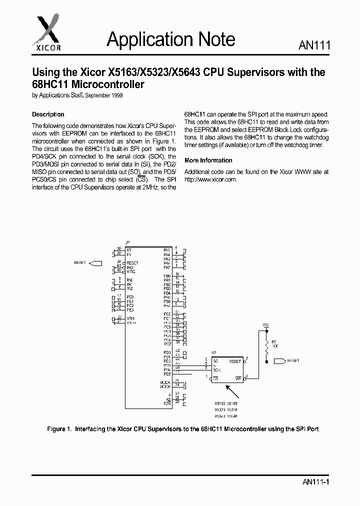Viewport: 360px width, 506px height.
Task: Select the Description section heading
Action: (48, 114)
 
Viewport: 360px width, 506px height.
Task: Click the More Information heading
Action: (208, 160)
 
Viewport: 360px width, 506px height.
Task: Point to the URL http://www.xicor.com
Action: (210, 179)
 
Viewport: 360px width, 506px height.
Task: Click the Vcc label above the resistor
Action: (266, 325)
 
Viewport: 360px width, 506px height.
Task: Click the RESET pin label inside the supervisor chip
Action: (235, 361)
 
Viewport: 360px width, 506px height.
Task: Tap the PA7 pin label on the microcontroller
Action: (167, 267)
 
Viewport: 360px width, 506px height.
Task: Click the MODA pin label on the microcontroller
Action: (165, 382)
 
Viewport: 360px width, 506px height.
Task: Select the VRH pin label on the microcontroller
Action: (129, 318)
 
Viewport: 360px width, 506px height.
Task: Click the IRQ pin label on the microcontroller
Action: (129, 267)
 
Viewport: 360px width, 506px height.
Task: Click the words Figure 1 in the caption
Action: (58, 429)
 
